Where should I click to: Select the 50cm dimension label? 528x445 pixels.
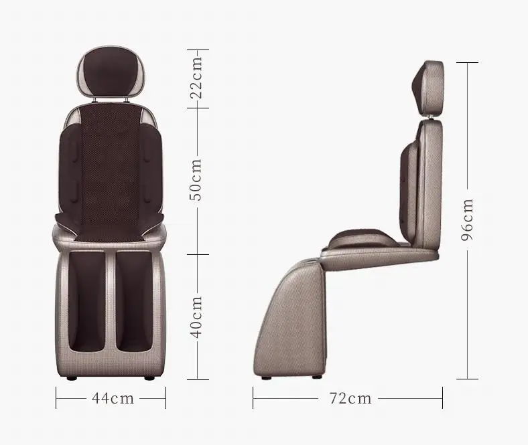click(x=197, y=179)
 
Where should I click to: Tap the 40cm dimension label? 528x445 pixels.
click(x=197, y=317)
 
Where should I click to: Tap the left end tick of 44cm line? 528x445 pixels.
click(x=56, y=399)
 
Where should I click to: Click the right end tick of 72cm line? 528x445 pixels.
click(x=442, y=399)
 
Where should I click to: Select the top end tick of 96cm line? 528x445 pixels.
click(x=467, y=62)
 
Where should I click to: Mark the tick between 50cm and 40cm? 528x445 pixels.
click(x=197, y=254)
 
